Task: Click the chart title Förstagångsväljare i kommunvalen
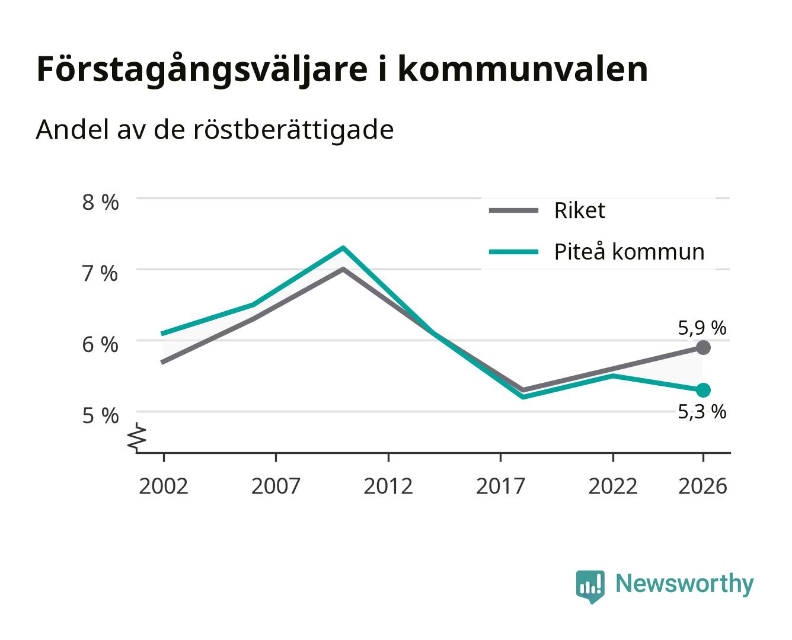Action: tap(342, 70)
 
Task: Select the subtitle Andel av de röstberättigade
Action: tap(215, 130)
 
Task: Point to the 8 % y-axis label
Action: tap(100, 203)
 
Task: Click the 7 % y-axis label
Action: tap(100, 274)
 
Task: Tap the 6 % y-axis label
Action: tap(100, 345)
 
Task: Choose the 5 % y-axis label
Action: tap(100, 415)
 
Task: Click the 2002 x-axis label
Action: tap(164, 486)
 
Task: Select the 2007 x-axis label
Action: tap(276, 486)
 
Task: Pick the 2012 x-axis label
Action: tap(388, 486)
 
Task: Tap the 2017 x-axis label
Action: tap(500, 486)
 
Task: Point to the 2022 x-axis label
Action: tap(613, 486)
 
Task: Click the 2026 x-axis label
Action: tap(702, 486)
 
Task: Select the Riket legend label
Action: tap(579, 211)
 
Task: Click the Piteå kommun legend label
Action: tap(629, 252)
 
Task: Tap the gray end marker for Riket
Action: tap(703, 348)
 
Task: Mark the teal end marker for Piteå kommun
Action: tap(703, 391)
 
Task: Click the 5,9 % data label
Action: tap(702, 328)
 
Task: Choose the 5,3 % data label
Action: tap(702, 412)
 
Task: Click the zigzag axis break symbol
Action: tap(137, 437)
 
